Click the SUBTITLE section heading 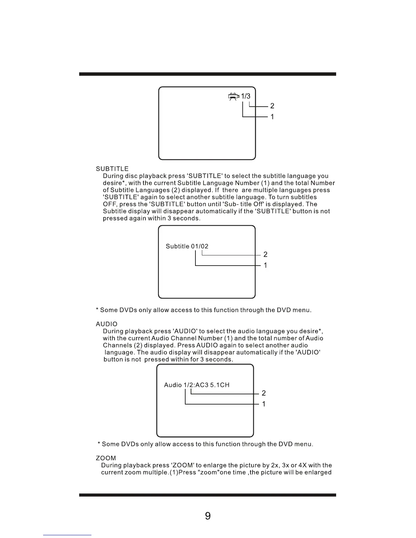pyautogui.click(x=112, y=169)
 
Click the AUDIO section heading pyautogui.click(x=106, y=324)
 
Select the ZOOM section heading pyautogui.click(x=106, y=458)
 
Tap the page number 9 pyautogui.click(x=208, y=516)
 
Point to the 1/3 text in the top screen pyautogui.click(x=246, y=96)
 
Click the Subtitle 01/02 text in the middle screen pyautogui.click(x=187, y=246)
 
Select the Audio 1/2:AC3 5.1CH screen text pyautogui.click(x=196, y=385)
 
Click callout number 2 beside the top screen pyautogui.click(x=272, y=106)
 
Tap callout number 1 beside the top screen pyautogui.click(x=272, y=116)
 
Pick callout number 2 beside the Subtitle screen pyautogui.click(x=265, y=254)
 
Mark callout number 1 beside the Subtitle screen pyautogui.click(x=265, y=265)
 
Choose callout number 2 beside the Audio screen pyautogui.click(x=264, y=393)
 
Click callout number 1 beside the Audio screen pyautogui.click(x=264, y=404)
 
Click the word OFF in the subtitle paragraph pyautogui.click(x=109, y=204)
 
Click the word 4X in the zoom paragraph pyautogui.click(x=302, y=465)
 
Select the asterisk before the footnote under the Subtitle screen pyautogui.click(x=98, y=310)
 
